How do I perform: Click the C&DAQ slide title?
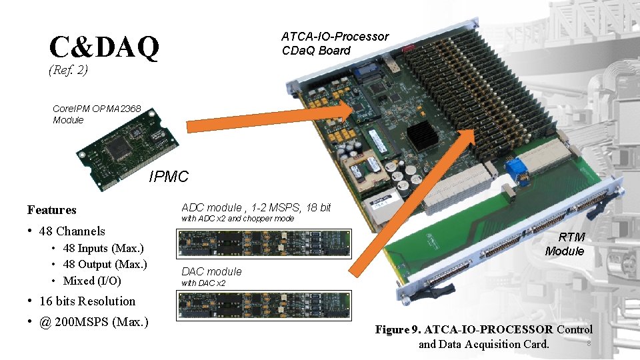click(104, 47)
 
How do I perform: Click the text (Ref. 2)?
click(69, 69)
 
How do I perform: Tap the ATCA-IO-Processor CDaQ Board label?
click(335, 43)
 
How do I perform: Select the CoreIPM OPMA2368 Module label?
click(97, 114)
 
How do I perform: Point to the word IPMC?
click(169, 177)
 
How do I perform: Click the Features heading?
click(52, 210)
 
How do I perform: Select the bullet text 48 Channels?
click(72, 231)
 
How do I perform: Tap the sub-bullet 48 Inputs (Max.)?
click(103, 248)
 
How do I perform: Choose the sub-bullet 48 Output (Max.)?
click(105, 264)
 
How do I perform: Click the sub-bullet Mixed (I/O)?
click(92, 281)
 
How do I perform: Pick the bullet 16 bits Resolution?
click(87, 301)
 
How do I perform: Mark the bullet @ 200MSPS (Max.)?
click(93, 323)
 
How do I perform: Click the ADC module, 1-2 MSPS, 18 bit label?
click(256, 207)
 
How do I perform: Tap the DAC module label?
click(211, 271)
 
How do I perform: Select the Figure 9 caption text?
click(483, 337)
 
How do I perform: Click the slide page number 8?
click(588, 344)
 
